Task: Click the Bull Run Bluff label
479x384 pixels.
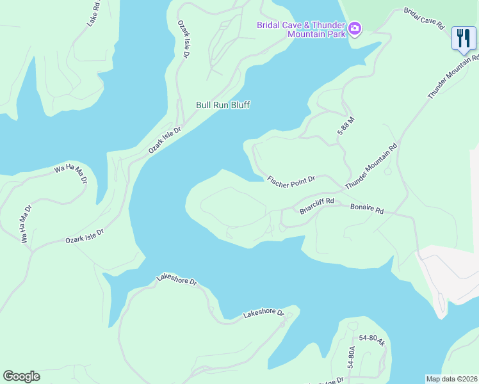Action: click(x=223, y=105)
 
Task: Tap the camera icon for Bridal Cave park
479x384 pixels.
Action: click(x=355, y=29)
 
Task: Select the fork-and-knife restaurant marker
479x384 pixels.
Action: click(x=463, y=38)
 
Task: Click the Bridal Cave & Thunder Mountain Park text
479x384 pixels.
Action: click(x=301, y=29)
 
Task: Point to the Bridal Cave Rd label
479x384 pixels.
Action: click(x=424, y=19)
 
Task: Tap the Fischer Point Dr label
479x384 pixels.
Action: click(x=291, y=180)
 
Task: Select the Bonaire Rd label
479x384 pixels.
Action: click(x=367, y=209)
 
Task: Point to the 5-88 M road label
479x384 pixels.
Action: click(x=346, y=125)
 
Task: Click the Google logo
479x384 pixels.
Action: click(x=21, y=376)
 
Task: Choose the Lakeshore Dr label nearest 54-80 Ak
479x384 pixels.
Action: click(x=263, y=314)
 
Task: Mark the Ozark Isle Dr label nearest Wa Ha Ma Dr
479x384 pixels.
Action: click(x=84, y=236)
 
